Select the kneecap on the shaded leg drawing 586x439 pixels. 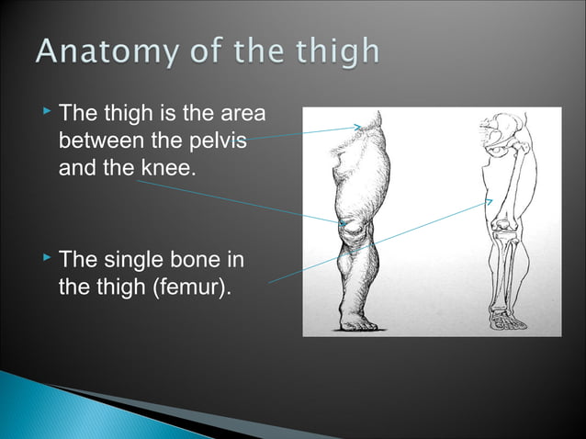[348, 227]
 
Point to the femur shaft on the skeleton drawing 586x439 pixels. [510, 184]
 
